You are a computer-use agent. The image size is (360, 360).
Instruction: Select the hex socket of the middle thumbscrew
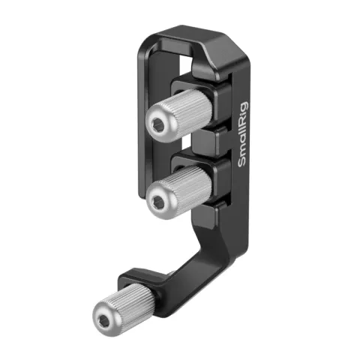[x=160, y=199]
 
